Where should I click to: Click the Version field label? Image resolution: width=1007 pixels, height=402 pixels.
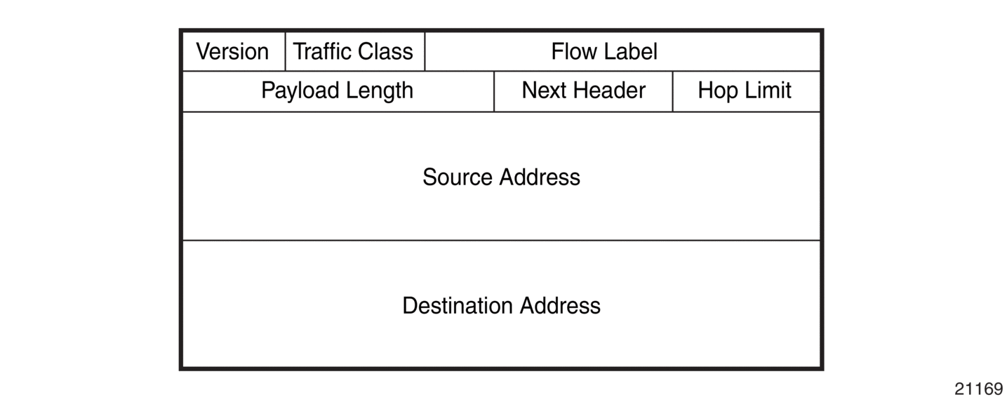point(232,51)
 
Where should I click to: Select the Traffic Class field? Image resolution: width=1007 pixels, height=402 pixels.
point(353,51)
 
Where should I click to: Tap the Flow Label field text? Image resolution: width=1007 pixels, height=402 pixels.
point(604,51)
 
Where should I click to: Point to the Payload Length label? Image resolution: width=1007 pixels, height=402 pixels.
point(337,91)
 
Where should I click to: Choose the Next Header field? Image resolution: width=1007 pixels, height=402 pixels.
point(584,91)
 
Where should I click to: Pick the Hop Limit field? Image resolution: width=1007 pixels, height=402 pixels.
point(745,91)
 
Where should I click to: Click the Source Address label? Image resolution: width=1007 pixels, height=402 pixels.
point(501,177)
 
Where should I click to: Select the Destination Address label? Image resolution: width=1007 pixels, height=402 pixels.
point(501,306)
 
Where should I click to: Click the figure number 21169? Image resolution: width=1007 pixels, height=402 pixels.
point(979,389)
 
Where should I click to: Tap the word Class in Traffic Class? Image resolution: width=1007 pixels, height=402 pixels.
point(385,51)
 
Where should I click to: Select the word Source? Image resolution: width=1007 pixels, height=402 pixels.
point(458,177)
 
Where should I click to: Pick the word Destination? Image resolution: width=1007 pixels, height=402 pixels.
point(458,306)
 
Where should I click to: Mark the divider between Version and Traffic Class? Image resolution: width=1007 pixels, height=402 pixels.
point(285,51)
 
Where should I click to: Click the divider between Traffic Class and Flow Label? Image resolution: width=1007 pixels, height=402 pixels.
point(425,51)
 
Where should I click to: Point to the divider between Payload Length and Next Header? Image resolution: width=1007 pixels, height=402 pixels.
point(494,91)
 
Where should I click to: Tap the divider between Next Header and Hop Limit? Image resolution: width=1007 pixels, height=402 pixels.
point(672,91)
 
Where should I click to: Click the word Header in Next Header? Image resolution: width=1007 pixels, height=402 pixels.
point(610,91)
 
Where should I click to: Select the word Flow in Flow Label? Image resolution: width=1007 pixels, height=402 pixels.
point(574,51)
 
